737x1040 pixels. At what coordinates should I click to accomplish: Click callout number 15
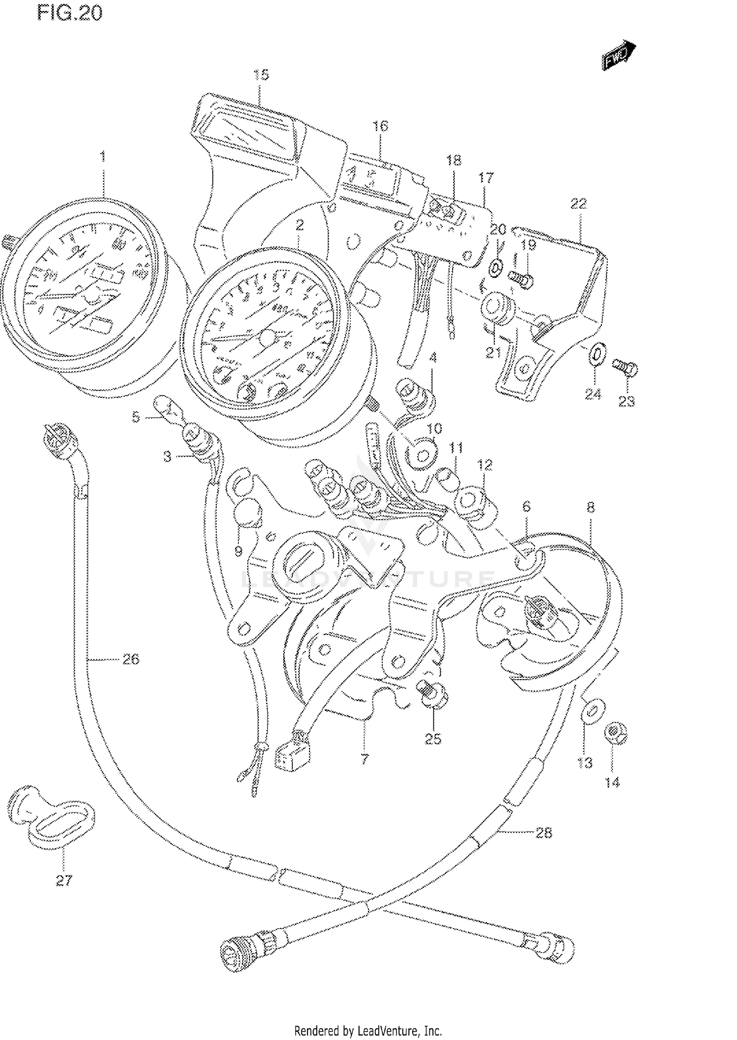coord(261,75)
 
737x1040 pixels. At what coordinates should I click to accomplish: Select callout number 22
coord(579,203)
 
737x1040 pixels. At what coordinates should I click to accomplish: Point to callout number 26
coord(131,659)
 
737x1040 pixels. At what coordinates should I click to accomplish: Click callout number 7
coord(364,759)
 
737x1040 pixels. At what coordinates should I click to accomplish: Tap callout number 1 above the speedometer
coord(103,157)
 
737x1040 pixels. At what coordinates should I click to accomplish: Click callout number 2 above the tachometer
coord(300,225)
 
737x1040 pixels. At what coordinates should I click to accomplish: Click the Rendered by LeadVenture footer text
coord(368,1031)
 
